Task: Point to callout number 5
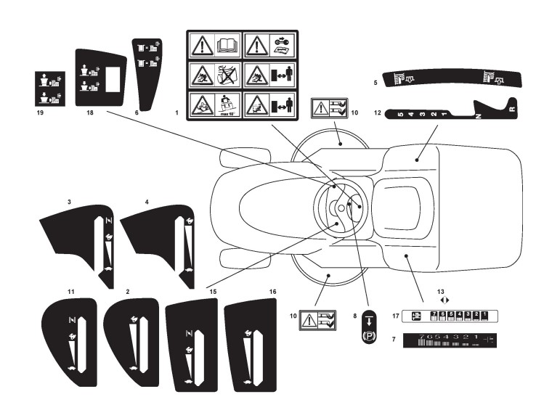click(375, 83)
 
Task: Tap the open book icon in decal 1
click(225, 46)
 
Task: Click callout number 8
click(354, 316)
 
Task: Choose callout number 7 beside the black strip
click(393, 339)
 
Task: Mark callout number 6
click(138, 113)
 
